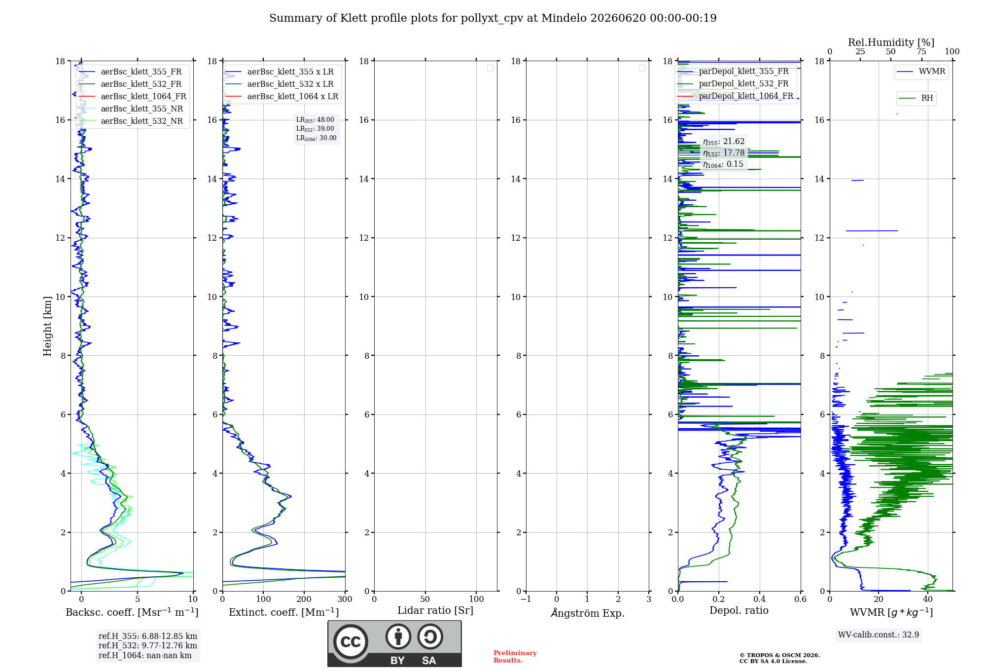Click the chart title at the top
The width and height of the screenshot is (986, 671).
pyautogui.click(x=493, y=18)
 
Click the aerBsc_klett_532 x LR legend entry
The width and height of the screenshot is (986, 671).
pyautogui.click(x=280, y=84)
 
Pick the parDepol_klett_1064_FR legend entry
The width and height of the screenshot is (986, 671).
pyautogui.click(x=735, y=96)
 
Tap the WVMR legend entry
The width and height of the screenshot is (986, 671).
pyautogui.click(x=921, y=72)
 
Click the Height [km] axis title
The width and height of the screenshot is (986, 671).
pyautogui.click(x=47, y=326)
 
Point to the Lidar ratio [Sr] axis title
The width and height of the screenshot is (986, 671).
pyautogui.click(x=435, y=610)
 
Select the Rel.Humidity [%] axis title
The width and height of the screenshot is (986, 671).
pyautogui.click(x=891, y=42)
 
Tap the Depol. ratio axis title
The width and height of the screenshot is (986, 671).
pyautogui.click(x=739, y=610)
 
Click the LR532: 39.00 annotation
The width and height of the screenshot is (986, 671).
pyautogui.click(x=315, y=129)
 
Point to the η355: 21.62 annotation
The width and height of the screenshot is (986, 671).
pyautogui.click(x=724, y=142)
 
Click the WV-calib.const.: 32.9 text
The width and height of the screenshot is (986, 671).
pyautogui.click(x=879, y=634)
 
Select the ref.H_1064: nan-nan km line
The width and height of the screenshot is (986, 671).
pyautogui.click(x=145, y=655)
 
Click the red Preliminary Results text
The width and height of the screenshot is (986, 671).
pyautogui.click(x=515, y=657)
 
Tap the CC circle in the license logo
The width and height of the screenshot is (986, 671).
pyautogui.click(x=351, y=642)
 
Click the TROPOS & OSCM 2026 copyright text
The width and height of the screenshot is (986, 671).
pyautogui.click(x=779, y=655)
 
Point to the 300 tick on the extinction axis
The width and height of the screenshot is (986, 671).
pyautogui.click(x=345, y=599)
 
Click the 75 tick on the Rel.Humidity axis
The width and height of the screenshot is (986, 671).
pyautogui.click(x=921, y=52)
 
